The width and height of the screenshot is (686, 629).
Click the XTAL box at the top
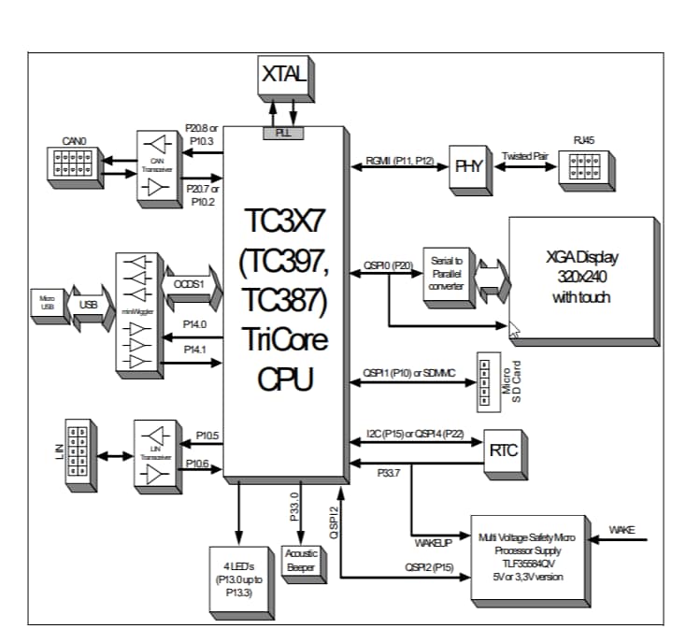(x=283, y=76)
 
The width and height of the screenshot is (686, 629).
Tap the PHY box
(x=468, y=165)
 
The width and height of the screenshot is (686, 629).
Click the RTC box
(x=503, y=450)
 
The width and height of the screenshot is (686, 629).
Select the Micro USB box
(x=47, y=305)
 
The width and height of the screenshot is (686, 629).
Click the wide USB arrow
(x=89, y=305)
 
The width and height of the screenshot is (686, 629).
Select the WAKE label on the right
(x=622, y=530)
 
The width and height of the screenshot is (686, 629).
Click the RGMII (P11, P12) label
(x=398, y=162)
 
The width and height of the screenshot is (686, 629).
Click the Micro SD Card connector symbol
(x=485, y=379)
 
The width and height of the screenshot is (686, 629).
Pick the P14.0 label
(x=194, y=323)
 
